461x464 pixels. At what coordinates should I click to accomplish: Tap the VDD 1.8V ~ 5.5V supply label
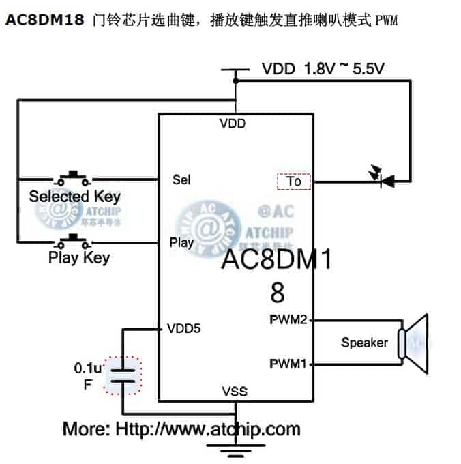point(323,69)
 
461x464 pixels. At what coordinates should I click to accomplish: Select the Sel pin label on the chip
point(181,180)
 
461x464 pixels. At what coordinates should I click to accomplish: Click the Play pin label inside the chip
point(181,242)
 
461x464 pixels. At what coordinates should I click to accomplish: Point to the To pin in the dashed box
point(294,182)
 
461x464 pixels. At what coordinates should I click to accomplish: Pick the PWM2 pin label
point(288,319)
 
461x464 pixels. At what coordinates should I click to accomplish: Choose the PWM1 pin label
point(288,363)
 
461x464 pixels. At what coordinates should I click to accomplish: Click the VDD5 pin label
point(183,329)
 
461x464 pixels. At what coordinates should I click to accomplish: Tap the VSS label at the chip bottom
point(234,392)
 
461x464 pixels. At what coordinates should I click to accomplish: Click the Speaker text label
point(364,343)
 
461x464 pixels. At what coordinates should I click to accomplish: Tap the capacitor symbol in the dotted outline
point(123,375)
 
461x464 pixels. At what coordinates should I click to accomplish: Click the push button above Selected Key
point(73,179)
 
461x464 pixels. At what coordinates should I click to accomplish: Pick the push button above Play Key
point(73,241)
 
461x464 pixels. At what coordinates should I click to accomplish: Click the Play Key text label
point(78,258)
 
